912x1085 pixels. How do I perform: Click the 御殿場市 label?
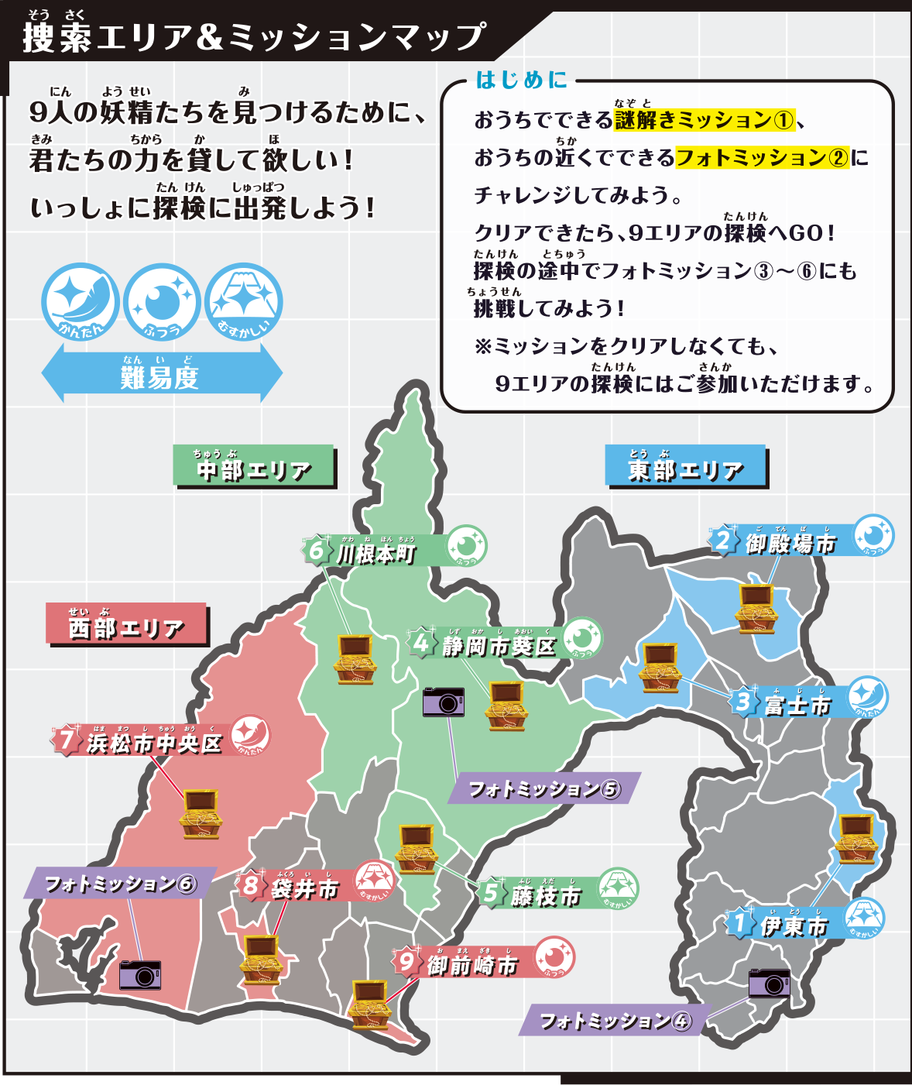pos(790,543)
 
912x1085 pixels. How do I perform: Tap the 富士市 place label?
pos(797,704)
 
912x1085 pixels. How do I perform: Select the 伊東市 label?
pos(794,925)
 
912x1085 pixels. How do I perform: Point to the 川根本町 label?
pos(376,553)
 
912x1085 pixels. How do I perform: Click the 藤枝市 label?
pos(545,895)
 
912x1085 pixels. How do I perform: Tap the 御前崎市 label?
pos(471,964)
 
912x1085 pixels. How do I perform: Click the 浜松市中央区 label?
pos(154,743)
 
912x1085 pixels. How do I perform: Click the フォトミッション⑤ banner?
pos(543,788)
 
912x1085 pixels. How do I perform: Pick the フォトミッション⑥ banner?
pos(120,883)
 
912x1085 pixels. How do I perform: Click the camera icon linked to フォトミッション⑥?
pos(140,975)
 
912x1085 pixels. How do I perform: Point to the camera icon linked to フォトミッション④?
pos(770,983)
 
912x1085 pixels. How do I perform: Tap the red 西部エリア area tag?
pos(126,624)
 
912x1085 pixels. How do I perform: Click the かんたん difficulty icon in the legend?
pos(80,302)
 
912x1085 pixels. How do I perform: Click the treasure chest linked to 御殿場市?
pos(756,609)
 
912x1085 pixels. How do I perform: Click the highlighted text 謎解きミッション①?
pos(704,120)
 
